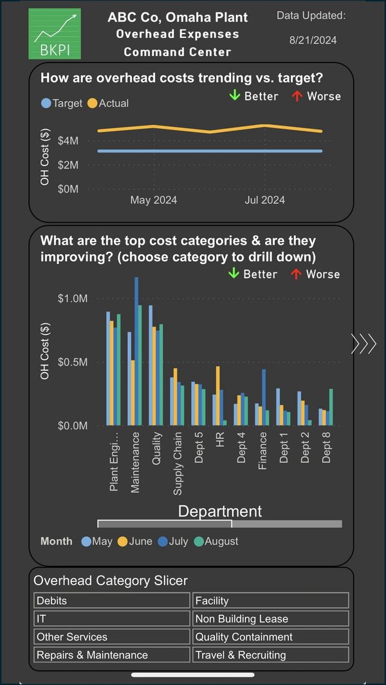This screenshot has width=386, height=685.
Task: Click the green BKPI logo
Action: click(55, 33)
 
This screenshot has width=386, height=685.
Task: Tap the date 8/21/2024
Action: click(313, 40)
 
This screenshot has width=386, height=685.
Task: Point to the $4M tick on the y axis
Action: click(69, 140)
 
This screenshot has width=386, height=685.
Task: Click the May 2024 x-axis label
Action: click(154, 200)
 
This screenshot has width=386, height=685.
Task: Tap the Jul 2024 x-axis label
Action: click(264, 200)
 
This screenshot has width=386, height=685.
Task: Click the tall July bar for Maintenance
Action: click(136, 351)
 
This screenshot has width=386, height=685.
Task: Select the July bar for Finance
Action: click(264, 397)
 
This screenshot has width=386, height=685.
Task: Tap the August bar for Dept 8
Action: click(331, 407)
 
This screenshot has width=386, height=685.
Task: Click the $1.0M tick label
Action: click(72, 299)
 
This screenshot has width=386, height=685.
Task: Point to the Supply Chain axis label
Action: click(178, 464)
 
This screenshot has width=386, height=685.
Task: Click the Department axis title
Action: click(220, 512)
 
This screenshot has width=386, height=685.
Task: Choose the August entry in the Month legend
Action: click(217, 541)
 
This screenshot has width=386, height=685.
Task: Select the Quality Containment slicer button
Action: click(271, 637)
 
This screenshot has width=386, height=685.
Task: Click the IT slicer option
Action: click(112, 619)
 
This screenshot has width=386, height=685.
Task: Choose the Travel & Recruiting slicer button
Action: click(271, 655)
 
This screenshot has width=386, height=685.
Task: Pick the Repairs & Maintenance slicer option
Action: click(112, 655)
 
